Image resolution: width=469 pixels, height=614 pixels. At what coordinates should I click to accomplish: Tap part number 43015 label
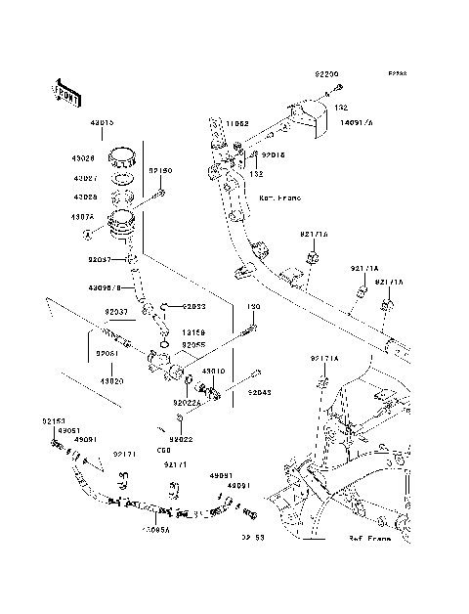pos(102,123)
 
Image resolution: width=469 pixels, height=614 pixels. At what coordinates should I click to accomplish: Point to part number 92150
pos(160,171)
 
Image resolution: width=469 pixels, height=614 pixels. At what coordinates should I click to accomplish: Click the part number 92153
pos(54,420)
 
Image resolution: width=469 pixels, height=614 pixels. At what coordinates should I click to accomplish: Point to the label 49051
pos(67,430)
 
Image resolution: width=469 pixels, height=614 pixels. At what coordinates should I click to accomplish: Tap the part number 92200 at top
pos(326,74)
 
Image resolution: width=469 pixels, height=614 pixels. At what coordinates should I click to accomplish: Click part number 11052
pos(238,124)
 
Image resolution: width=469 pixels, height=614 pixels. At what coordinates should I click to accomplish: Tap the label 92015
pos(274,154)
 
